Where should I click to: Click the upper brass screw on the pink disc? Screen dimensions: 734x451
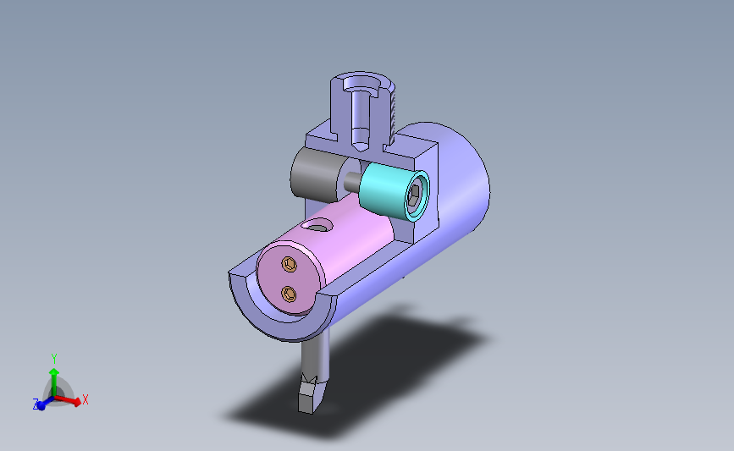[x=290, y=264]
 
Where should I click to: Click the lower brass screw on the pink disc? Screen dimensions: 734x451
[x=289, y=294]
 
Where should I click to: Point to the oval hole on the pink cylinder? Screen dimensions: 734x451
[x=317, y=227]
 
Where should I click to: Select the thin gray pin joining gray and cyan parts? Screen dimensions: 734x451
[x=352, y=180]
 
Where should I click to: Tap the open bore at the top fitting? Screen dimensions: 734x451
[x=361, y=85]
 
